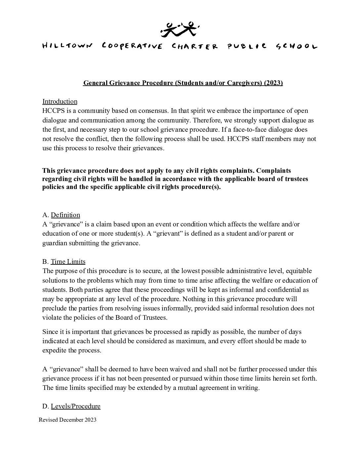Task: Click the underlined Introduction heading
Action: [x=60, y=101]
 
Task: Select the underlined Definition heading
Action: [x=66, y=215]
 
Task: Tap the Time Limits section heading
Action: [x=68, y=261]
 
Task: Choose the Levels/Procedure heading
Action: [x=75, y=406]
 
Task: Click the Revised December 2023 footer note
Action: [x=68, y=420]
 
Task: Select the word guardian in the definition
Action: [x=54, y=243]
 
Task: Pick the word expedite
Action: [x=54, y=350]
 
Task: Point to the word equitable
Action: [x=299, y=271]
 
